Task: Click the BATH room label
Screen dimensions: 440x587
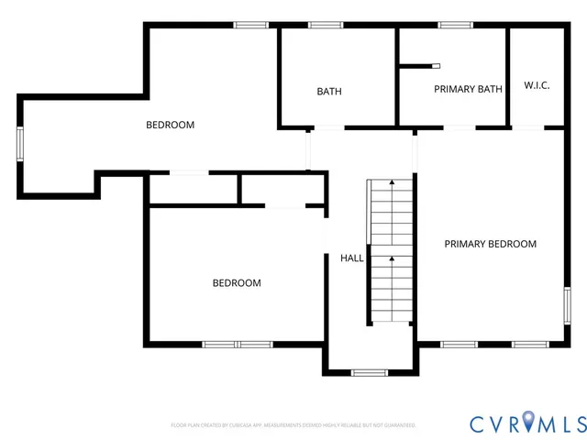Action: pos(329,92)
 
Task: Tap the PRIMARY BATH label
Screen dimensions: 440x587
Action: pos(468,89)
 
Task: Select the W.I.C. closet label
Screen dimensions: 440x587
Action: pos(537,85)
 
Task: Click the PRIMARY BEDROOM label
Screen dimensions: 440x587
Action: pos(490,244)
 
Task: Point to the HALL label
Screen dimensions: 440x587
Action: pos(352,258)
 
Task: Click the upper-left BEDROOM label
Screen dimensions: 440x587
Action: pos(171,125)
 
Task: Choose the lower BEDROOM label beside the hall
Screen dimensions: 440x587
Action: pos(237,283)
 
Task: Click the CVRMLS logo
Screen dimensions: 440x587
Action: pos(527,423)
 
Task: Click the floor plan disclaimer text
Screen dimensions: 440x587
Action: pos(293,425)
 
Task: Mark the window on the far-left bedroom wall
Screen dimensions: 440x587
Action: pos(20,145)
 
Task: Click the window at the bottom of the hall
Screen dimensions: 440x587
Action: pos(370,373)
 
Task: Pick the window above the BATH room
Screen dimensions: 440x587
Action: pos(325,25)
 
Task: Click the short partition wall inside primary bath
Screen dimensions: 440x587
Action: pos(419,65)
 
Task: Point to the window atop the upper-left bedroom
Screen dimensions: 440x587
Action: pos(251,25)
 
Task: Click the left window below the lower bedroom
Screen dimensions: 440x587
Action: pos(221,345)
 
